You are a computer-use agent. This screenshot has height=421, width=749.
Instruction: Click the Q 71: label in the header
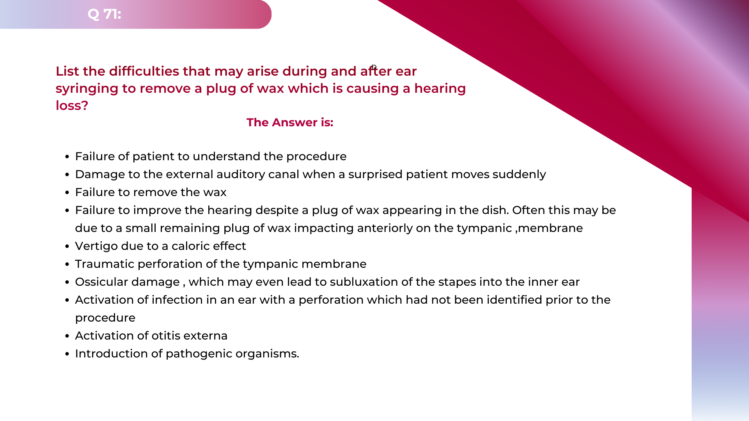(x=104, y=14)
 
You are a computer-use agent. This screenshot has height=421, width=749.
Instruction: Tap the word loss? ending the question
(x=72, y=106)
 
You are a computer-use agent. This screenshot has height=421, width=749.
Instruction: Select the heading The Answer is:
(x=290, y=122)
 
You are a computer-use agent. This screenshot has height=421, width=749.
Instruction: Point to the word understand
(x=226, y=156)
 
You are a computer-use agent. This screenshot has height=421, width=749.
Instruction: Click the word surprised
(x=375, y=175)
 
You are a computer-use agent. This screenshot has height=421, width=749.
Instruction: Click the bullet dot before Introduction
(x=67, y=354)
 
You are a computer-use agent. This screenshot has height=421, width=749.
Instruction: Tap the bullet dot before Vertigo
(x=67, y=246)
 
